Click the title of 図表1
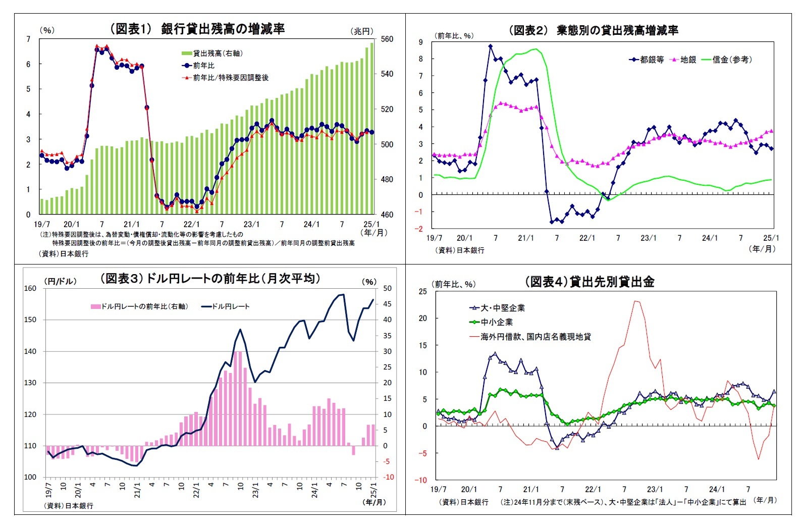click(197, 29)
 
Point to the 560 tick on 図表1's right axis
click(387, 39)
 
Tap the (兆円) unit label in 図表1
click(362, 31)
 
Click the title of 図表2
click(593, 30)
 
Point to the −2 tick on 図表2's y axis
click(419, 229)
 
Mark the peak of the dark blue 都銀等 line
click(491, 46)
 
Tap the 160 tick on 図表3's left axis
click(30, 288)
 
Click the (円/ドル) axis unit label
click(61, 282)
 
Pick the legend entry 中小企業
click(497, 322)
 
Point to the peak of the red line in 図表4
click(636, 301)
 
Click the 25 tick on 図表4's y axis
click(422, 291)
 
